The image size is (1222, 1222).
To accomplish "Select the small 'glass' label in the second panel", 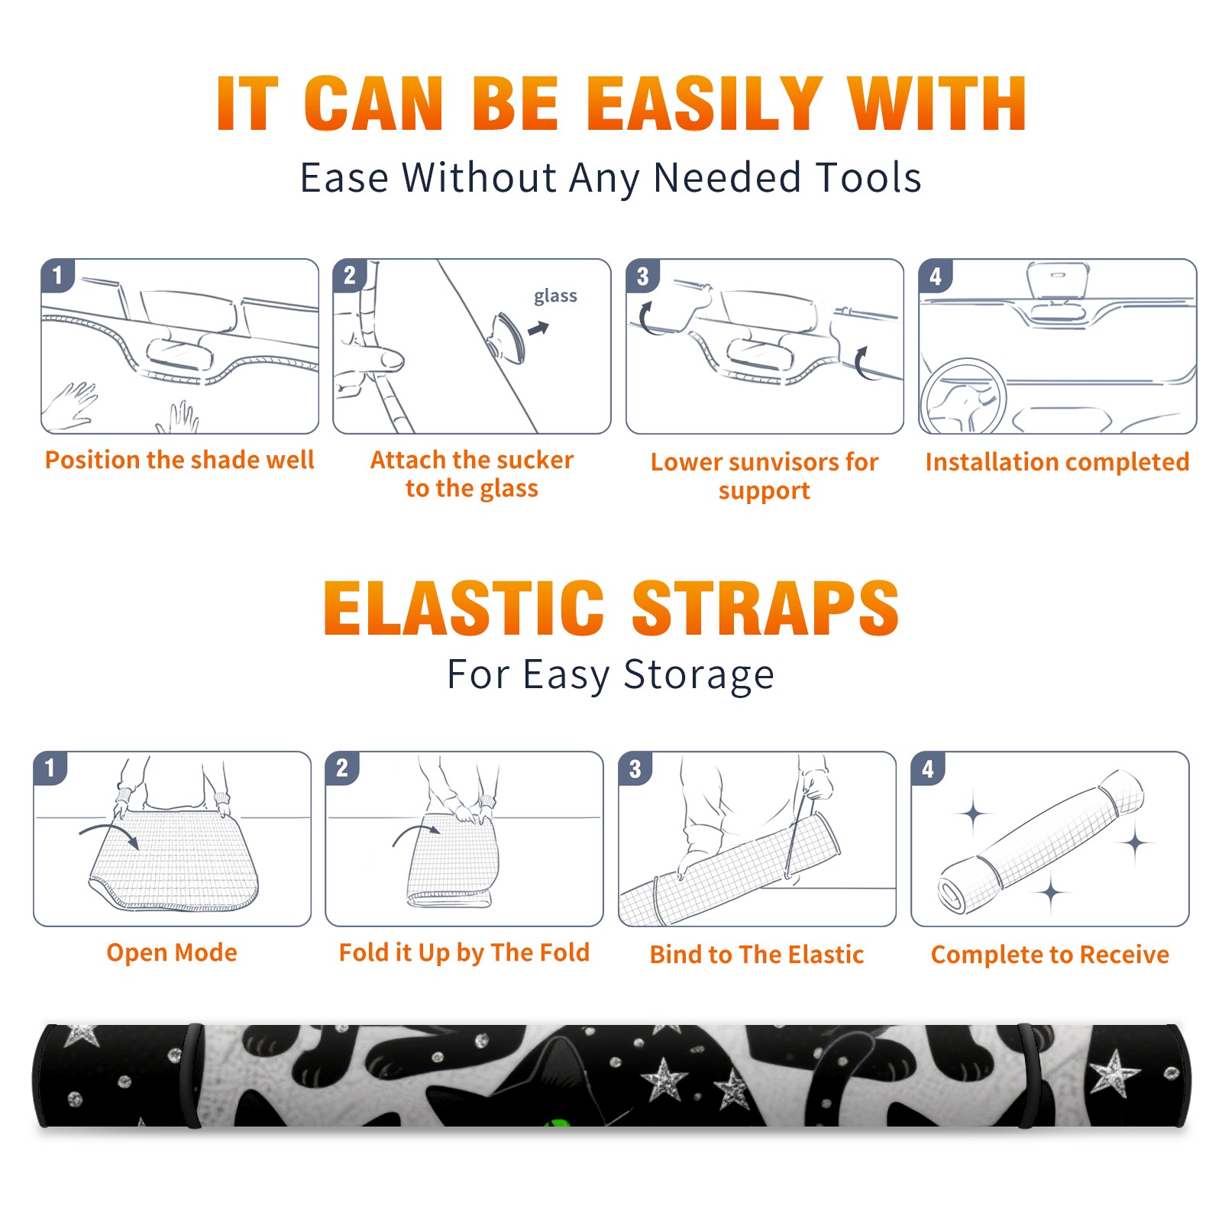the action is coord(555,296).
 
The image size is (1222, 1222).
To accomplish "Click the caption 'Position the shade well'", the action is coord(179,460).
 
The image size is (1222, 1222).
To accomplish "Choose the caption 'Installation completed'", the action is coord(1057,461).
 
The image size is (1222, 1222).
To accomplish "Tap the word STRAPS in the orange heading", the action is coord(765,608).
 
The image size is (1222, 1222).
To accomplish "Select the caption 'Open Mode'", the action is coord(172,952).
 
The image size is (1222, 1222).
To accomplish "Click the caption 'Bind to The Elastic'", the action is coord(757,955).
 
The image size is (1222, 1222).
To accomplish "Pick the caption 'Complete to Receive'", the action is coord(1050,955).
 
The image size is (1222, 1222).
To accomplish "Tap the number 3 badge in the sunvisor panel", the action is coord(643,276).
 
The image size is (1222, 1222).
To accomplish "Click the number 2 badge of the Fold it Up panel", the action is coord(342,768).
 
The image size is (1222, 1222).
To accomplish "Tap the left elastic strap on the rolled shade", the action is coord(193,1075).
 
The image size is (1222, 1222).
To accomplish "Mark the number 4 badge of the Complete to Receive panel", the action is coord(928,768).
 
